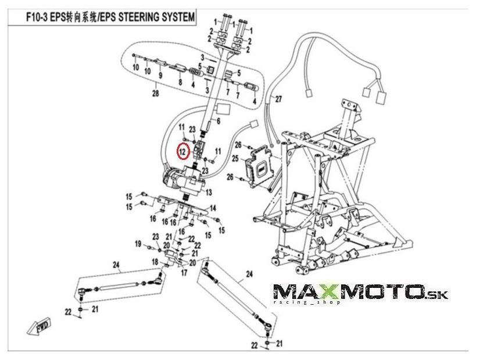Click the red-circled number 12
(182, 151)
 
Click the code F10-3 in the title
(40, 17)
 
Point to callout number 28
(155, 94)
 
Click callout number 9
(160, 74)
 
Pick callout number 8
(180, 83)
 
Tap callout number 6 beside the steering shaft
(218, 121)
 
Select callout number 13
(208, 191)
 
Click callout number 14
(213, 208)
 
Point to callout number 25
(235, 158)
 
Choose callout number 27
(278, 99)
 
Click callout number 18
(155, 262)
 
